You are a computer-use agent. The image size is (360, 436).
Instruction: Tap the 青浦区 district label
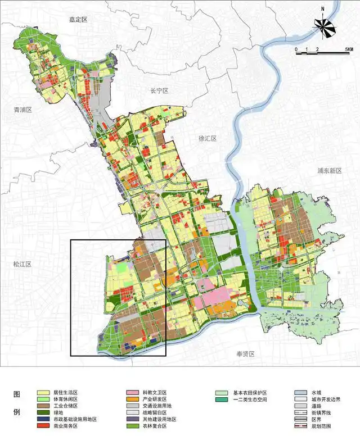coord(23,110)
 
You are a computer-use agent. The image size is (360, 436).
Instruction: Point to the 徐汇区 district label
coord(208,138)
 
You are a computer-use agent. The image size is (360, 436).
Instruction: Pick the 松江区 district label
coord(23,264)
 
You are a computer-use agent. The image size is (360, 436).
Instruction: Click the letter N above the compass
coord(323,10)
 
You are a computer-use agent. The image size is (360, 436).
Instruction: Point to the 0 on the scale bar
coord(296,50)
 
